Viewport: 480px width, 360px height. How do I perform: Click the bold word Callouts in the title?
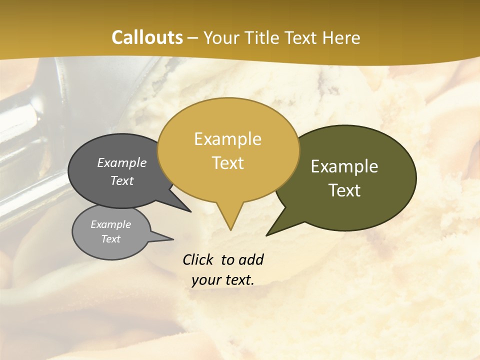click(x=147, y=37)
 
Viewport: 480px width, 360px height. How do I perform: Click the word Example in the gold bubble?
click(x=227, y=139)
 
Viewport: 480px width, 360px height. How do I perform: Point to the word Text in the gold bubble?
click(x=227, y=163)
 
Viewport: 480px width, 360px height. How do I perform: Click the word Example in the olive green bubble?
click(x=344, y=166)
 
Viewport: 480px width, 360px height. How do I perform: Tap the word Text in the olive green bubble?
click(x=344, y=190)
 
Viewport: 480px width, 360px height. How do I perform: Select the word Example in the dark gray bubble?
click(x=121, y=162)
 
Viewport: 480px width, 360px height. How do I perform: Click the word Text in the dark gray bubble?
click(x=121, y=180)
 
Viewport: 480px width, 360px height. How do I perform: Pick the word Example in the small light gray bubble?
click(x=110, y=224)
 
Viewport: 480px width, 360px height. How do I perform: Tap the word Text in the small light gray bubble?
click(x=110, y=239)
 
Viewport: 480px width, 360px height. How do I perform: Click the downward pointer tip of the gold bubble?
click(x=230, y=229)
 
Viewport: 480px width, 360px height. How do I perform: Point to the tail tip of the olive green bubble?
click(x=267, y=234)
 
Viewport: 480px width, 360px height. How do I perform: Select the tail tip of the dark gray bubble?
click(x=190, y=211)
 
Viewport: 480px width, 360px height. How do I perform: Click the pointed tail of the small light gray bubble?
click(x=172, y=239)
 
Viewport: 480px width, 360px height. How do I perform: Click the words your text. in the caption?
click(x=222, y=280)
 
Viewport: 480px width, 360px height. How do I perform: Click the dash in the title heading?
click(x=193, y=38)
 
